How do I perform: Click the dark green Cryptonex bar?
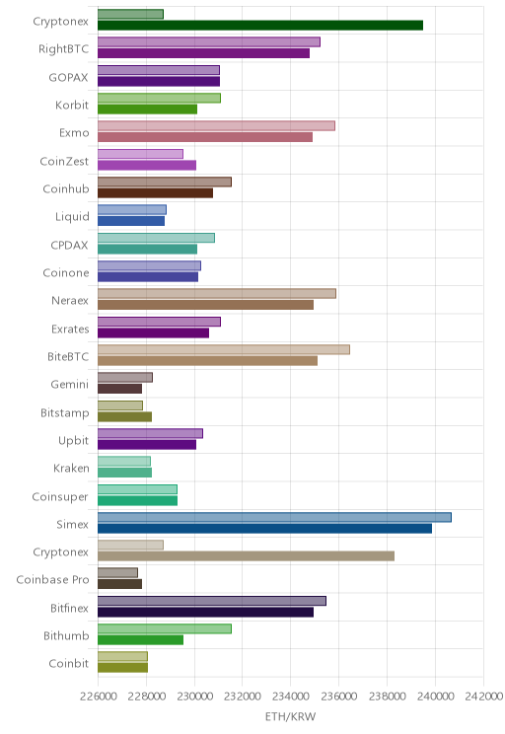pos(260,26)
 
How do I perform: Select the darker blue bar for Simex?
pos(265,529)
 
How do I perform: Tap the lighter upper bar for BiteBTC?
pos(224,349)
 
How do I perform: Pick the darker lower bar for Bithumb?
pos(140,640)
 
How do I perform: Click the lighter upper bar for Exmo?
pos(216,126)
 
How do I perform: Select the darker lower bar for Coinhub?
pos(156,192)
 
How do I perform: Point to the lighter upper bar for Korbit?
pos(159,98)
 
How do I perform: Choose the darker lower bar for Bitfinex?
pos(205,613)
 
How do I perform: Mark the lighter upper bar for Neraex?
pos(217,294)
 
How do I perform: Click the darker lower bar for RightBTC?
pos(203,53)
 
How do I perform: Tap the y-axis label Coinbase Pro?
pos(52,579)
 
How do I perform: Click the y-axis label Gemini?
pos(70,385)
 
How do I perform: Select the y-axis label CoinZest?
pos(64,161)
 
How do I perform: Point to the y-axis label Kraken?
pos(71,468)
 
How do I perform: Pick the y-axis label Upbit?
pos(73,440)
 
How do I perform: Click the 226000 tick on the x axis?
pos(99,697)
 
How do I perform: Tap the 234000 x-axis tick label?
pos(291,697)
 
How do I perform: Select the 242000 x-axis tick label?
pos(483,697)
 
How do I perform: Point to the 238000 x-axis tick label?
pos(387,697)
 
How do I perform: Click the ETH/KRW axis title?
pos(291,716)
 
